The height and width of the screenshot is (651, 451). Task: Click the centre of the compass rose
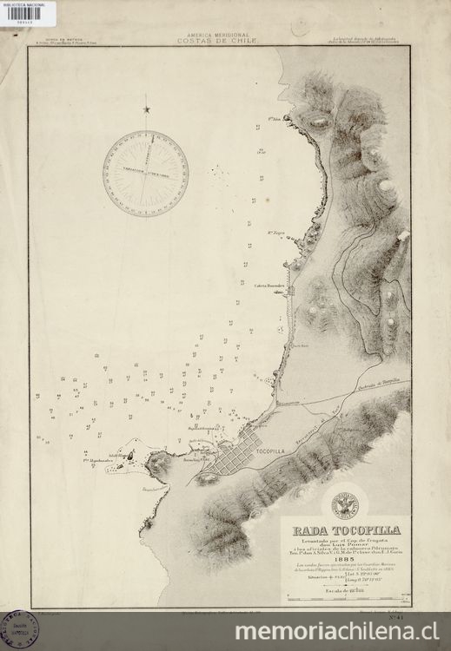(x=145, y=169)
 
